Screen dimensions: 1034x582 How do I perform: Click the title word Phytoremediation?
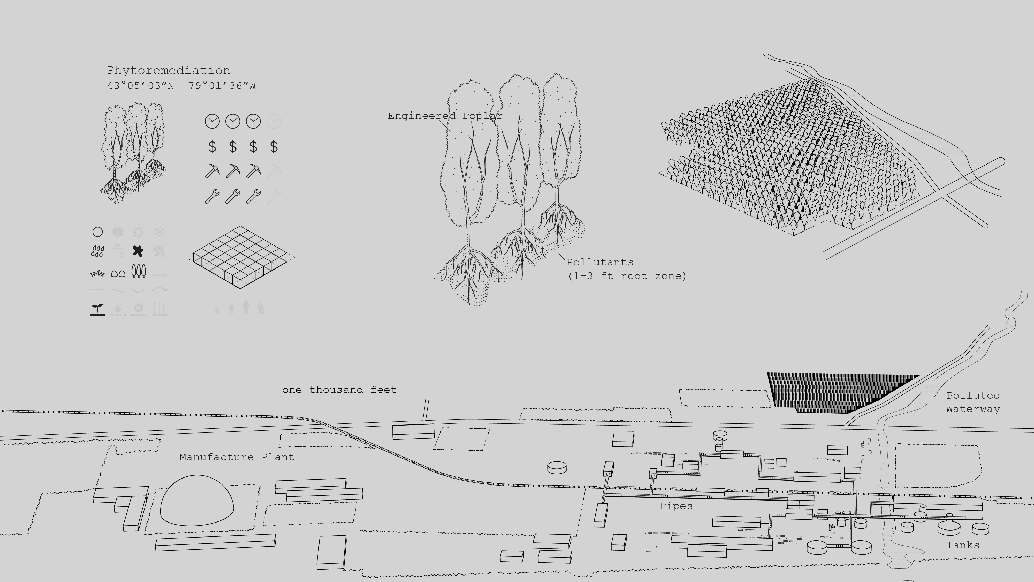click(x=169, y=71)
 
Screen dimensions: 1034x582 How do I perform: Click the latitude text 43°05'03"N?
click(x=140, y=86)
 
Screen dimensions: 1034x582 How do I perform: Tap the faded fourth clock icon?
click(x=274, y=121)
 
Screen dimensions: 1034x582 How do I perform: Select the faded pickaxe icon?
click(x=274, y=171)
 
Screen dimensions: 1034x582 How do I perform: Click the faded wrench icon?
click(x=274, y=196)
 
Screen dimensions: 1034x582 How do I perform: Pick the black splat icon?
click(x=138, y=251)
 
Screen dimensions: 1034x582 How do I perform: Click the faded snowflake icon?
click(x=159, y=232)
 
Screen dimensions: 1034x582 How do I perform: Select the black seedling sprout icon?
click(x=97, y=310)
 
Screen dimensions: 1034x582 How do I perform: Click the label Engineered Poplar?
click(x=445, y=116)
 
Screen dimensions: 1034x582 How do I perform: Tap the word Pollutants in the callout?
click(x=600, y=262)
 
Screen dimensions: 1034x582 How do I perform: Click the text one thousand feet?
click(x=340, y=390)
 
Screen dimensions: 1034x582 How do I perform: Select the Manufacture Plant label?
click(x=237, y=457)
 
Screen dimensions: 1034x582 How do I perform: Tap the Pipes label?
click(x=676, y=506)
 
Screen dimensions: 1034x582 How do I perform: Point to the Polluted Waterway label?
click(x=973, y=402)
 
